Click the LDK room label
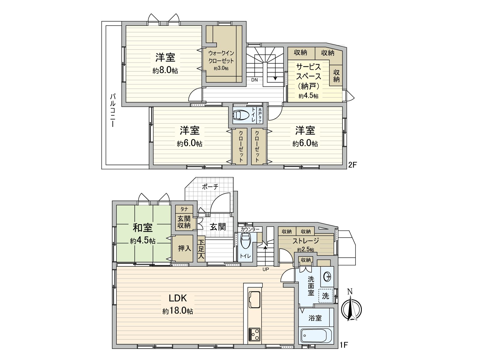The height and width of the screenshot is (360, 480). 178,298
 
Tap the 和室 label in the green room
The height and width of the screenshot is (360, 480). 143,228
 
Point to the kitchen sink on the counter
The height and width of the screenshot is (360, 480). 254,299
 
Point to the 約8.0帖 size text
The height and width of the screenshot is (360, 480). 165,70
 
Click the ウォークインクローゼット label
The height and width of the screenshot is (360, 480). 221,57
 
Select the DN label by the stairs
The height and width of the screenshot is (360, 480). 254,80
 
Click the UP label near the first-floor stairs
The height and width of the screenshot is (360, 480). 266,269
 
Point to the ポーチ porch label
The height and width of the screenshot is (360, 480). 210,187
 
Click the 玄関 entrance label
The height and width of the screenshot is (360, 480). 217,226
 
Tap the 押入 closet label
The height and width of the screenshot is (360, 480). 184,248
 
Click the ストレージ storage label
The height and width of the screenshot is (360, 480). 306,241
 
